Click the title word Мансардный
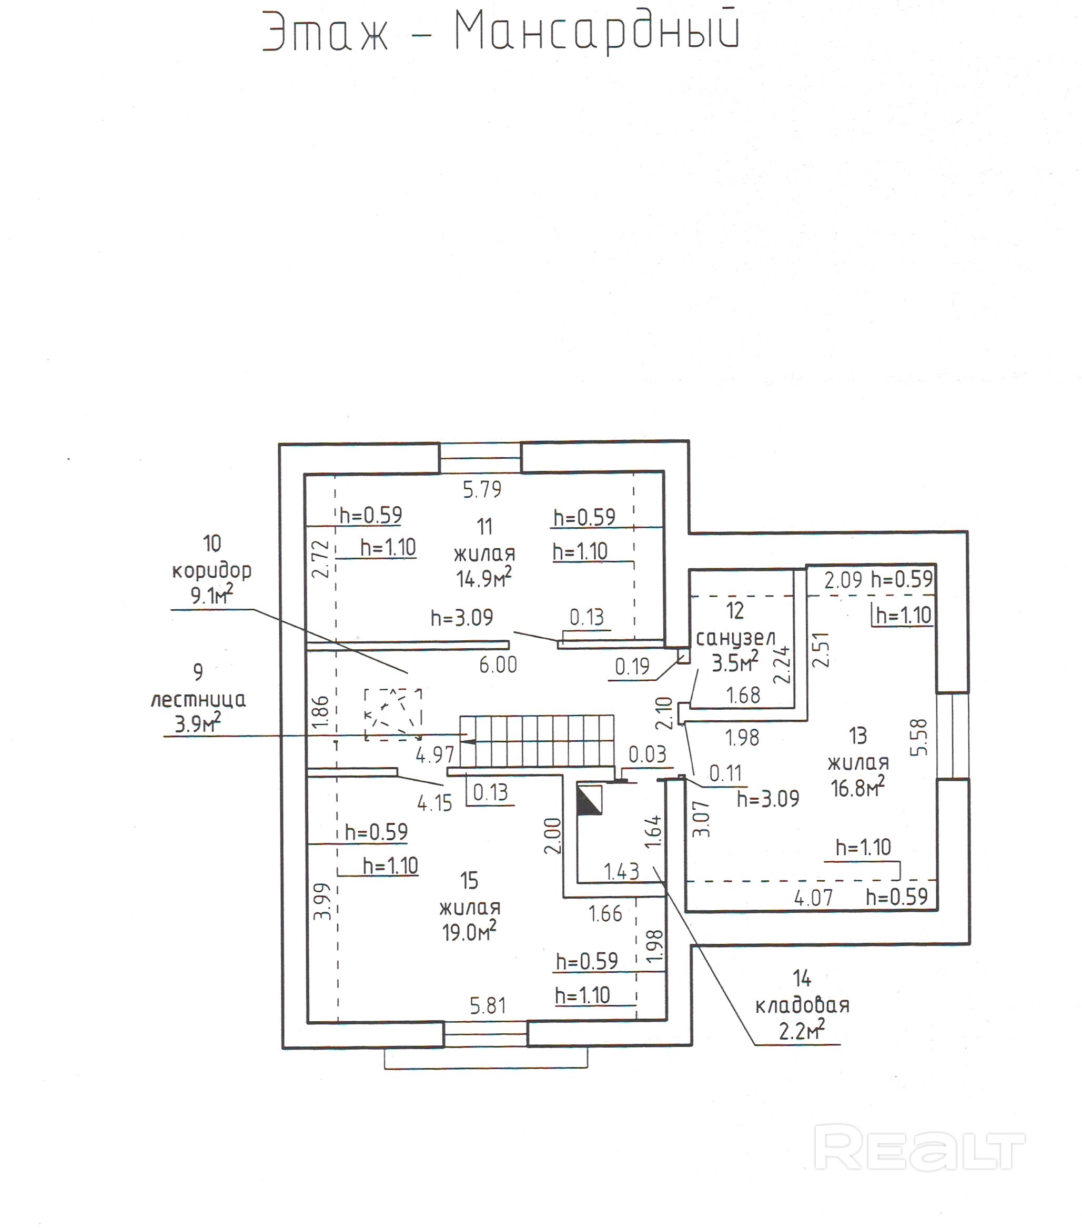tap(596, 31)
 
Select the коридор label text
tap(211, 570)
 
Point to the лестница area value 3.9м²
tap(198, 723)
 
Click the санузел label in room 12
tap(735, 638)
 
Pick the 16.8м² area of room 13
tap(857, 787)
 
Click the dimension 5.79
tap(482, 490)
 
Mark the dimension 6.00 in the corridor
tap(498, 665)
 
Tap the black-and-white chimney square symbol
tap(589, 800)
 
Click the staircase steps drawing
tap(537, 741)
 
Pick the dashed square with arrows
tap(393, 715)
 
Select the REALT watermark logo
tap(919, 1149)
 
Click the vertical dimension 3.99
tap(322, 901)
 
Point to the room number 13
tap(858, 736)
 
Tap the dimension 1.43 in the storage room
tap(621, 871)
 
